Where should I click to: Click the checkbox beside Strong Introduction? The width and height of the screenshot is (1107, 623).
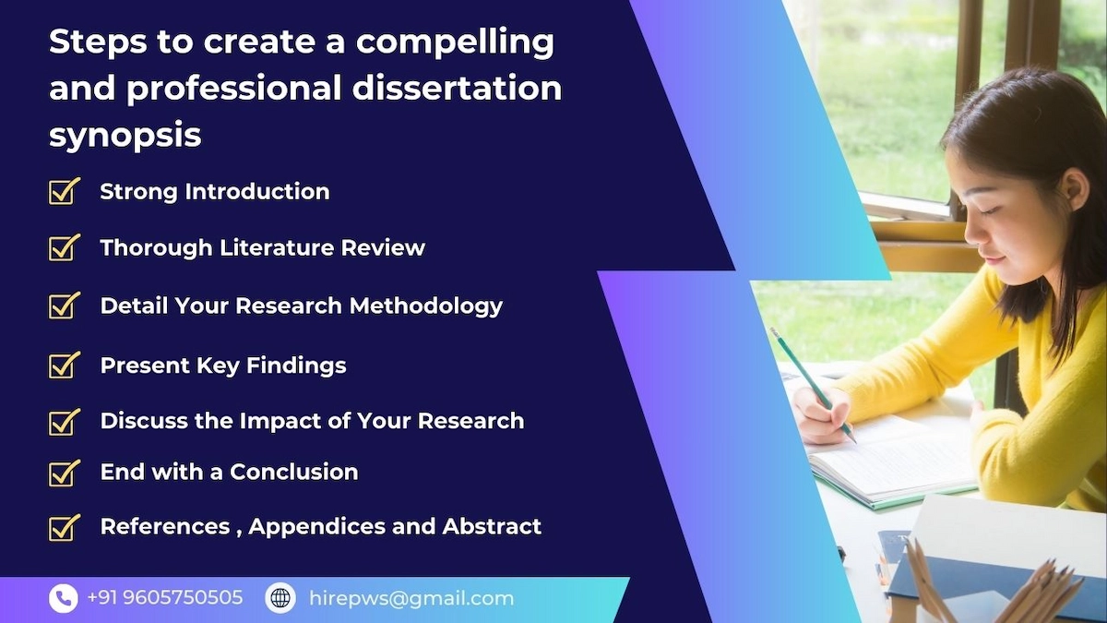[65, 191]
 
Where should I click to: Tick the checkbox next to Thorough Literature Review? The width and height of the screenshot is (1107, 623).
[65, 247]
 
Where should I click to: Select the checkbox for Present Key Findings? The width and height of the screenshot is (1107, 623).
[65, 365]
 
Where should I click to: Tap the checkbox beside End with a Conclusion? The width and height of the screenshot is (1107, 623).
[65, 473]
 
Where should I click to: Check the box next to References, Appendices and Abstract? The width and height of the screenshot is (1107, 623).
[65, 527]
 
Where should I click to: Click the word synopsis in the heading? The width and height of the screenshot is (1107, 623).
[125, 136]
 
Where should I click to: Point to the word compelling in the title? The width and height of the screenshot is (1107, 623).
[455, 42]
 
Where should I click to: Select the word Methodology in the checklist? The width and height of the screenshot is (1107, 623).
[426, 306]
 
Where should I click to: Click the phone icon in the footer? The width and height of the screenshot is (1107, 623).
[64, 598]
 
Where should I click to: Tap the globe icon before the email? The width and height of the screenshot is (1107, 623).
[280, 598]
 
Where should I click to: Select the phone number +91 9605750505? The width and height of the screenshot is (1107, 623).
[165, 598]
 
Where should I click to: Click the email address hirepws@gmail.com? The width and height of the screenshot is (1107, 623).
[411, 599]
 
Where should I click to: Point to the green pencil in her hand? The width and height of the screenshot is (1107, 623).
[812, 384]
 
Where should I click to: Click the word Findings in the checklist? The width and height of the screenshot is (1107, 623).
[296, 366]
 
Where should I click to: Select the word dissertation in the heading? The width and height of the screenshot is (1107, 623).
[458, 88]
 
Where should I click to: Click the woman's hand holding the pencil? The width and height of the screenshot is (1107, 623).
[823, 414]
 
